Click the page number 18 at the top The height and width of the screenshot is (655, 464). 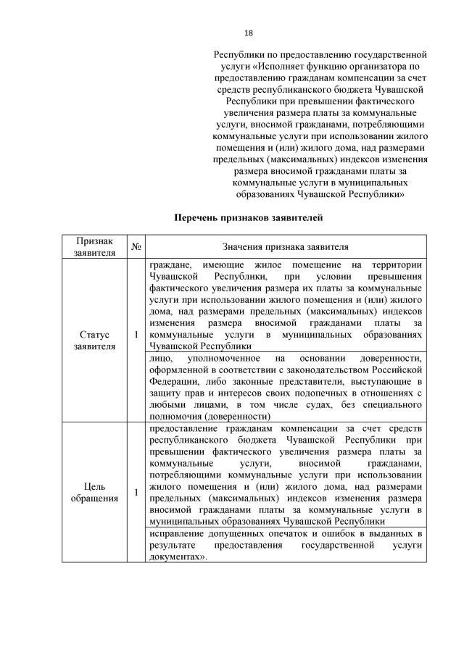coord(248,33)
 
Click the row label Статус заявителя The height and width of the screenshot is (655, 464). coord(94,341)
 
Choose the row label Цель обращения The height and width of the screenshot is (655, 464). coord(94,493)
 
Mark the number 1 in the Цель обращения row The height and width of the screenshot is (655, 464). coord(136,493)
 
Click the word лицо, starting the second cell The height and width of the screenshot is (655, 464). coord(159,359)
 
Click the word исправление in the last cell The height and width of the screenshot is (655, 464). coord(176,533)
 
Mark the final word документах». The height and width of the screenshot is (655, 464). coord(176,556)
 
